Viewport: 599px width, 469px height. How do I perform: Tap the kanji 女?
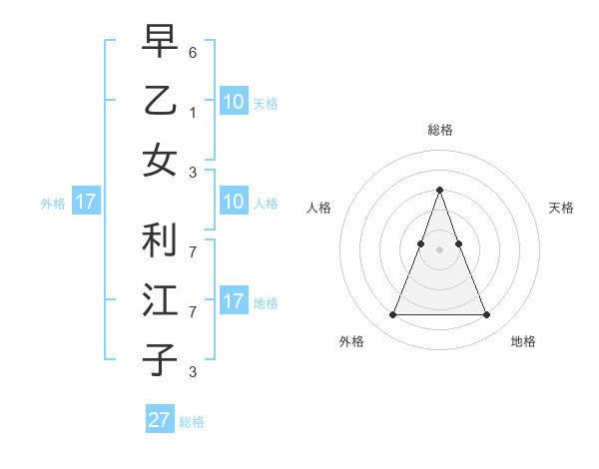pyautogui.click(x=160, y=161)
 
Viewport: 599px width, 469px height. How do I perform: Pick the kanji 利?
pyautogui.click(x=160, y=239)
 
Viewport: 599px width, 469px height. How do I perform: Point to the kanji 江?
pyautogui.click(x=160, y=300)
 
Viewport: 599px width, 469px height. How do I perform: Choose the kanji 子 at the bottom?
pyautogui.click(x=160, y=360)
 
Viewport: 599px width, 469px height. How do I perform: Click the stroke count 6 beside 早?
pyautogui.click(x=193, y=52)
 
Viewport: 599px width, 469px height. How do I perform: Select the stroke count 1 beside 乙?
pyautogui.click(x=193, y=113)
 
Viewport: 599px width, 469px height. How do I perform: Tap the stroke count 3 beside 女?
pyautogui.click(x=193, y=173)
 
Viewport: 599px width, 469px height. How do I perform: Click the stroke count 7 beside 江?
pyautogui.click(x=193, y=312)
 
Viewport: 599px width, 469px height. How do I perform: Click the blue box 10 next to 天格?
pyautogui.click(x=233, y=101)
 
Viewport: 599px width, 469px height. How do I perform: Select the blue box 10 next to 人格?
pyautogui.click(x=233, y=203)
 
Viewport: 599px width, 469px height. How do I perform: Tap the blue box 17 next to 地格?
pyautogui.click(x=233, y=300)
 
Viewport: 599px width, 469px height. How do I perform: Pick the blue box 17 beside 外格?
pyautogui.click(x=85, y=203)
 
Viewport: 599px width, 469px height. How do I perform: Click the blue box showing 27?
pyautogui.click(x=160, y=420)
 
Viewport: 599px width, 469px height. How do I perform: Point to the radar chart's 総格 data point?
pyautogui.click(x=439, y=190)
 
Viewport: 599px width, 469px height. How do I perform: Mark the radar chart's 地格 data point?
pyautogui.click(x=486, y=315)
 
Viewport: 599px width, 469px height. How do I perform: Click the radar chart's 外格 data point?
pyautogui.click(x=392, y=315)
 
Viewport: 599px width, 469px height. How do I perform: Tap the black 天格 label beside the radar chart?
pyautogui.click(x=561, y=208)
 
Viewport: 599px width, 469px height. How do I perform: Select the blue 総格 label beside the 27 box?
pyautogui.click(x=192, y=422)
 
